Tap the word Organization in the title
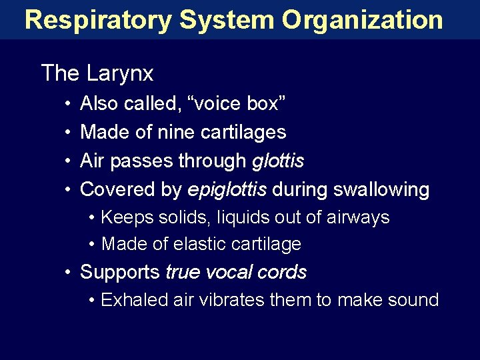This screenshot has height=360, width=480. point(362,19)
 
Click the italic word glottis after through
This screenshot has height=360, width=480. point(278,161)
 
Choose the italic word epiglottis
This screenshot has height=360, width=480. point(227,189)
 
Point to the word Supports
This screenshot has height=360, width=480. point(120,272)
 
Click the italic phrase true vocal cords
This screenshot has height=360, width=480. point(236,272)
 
